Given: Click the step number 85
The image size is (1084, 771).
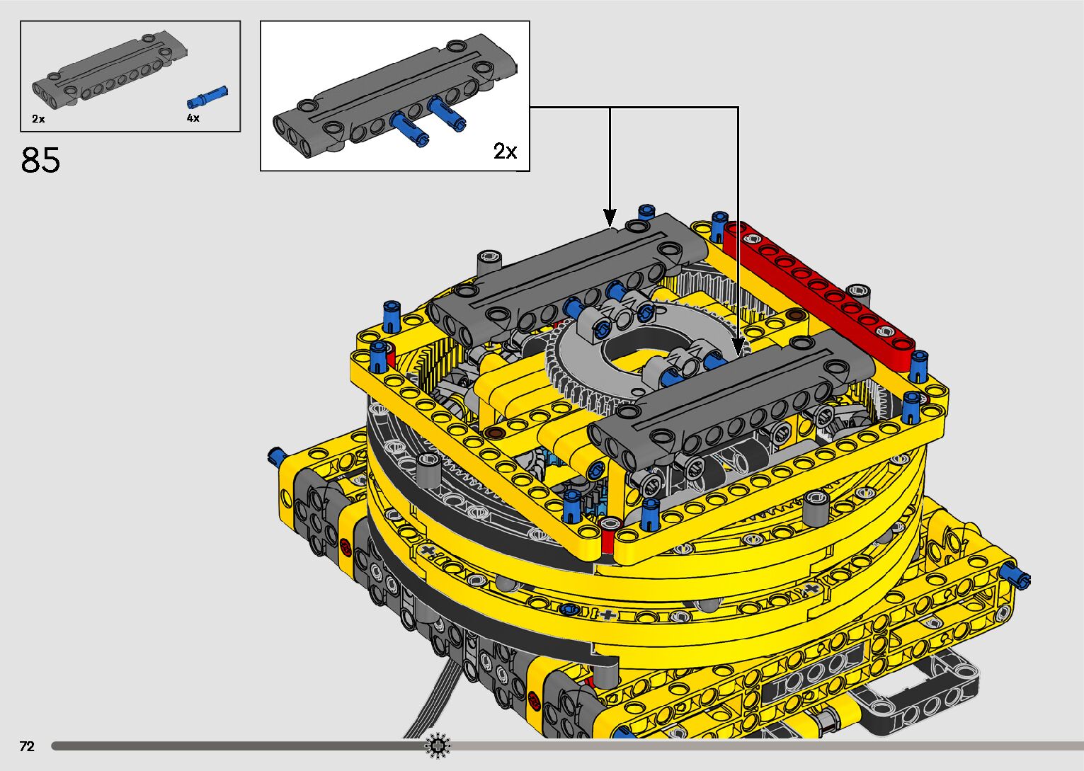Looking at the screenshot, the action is point(40,160).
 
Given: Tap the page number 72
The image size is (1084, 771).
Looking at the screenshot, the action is point(27,746).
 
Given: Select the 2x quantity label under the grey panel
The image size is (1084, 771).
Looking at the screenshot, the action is point(39,119).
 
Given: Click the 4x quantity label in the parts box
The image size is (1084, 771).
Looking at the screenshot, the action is point(193,118).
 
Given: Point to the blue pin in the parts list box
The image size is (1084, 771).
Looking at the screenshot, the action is point(207,97).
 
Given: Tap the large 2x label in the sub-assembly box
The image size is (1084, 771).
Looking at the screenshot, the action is point(506,151).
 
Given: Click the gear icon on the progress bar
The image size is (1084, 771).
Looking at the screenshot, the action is point(438,746).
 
